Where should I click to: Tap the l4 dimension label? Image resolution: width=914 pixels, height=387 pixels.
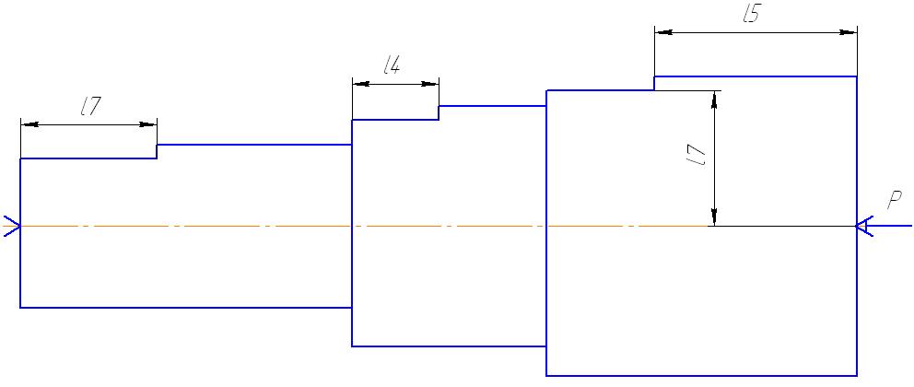pyautogui.click(x=392, y=64)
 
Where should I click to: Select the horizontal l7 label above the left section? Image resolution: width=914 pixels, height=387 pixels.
pyautogui.click(x=90, y=106)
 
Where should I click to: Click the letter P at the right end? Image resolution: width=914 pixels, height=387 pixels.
pyautogui.click(x=894, y=199)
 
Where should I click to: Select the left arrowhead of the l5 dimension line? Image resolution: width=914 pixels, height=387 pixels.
pyautogui.click(x=662, y=32)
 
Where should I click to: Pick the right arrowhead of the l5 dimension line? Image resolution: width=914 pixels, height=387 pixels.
pyautogui.click(x=849, y=32)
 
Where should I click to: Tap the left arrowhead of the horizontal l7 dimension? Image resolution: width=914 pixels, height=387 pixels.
pyautogui.click(x=29, y=123)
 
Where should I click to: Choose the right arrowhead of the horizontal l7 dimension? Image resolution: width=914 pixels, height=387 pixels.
pyautogui.click(x=148, y=123)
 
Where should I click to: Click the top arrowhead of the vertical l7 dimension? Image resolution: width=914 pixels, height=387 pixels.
pyautogui.click(x=712, y=99)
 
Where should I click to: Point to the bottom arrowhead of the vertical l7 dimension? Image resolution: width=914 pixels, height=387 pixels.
pyautogui.click(x=712, y=217)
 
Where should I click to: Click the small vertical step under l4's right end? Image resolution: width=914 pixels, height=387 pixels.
pyautogui.click(x=439, y=112)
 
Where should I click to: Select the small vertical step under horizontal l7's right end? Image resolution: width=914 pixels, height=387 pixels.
pyautogui.click(x=157, y=151)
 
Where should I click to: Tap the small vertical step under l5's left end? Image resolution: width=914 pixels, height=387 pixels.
pyautogui.click(x=654, y=83)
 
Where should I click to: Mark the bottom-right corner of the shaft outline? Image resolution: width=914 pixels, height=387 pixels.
pyautogui.click(x=857, y=376)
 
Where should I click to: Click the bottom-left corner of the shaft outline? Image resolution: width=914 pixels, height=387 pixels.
pyautogui.click(x=20, y=307)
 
